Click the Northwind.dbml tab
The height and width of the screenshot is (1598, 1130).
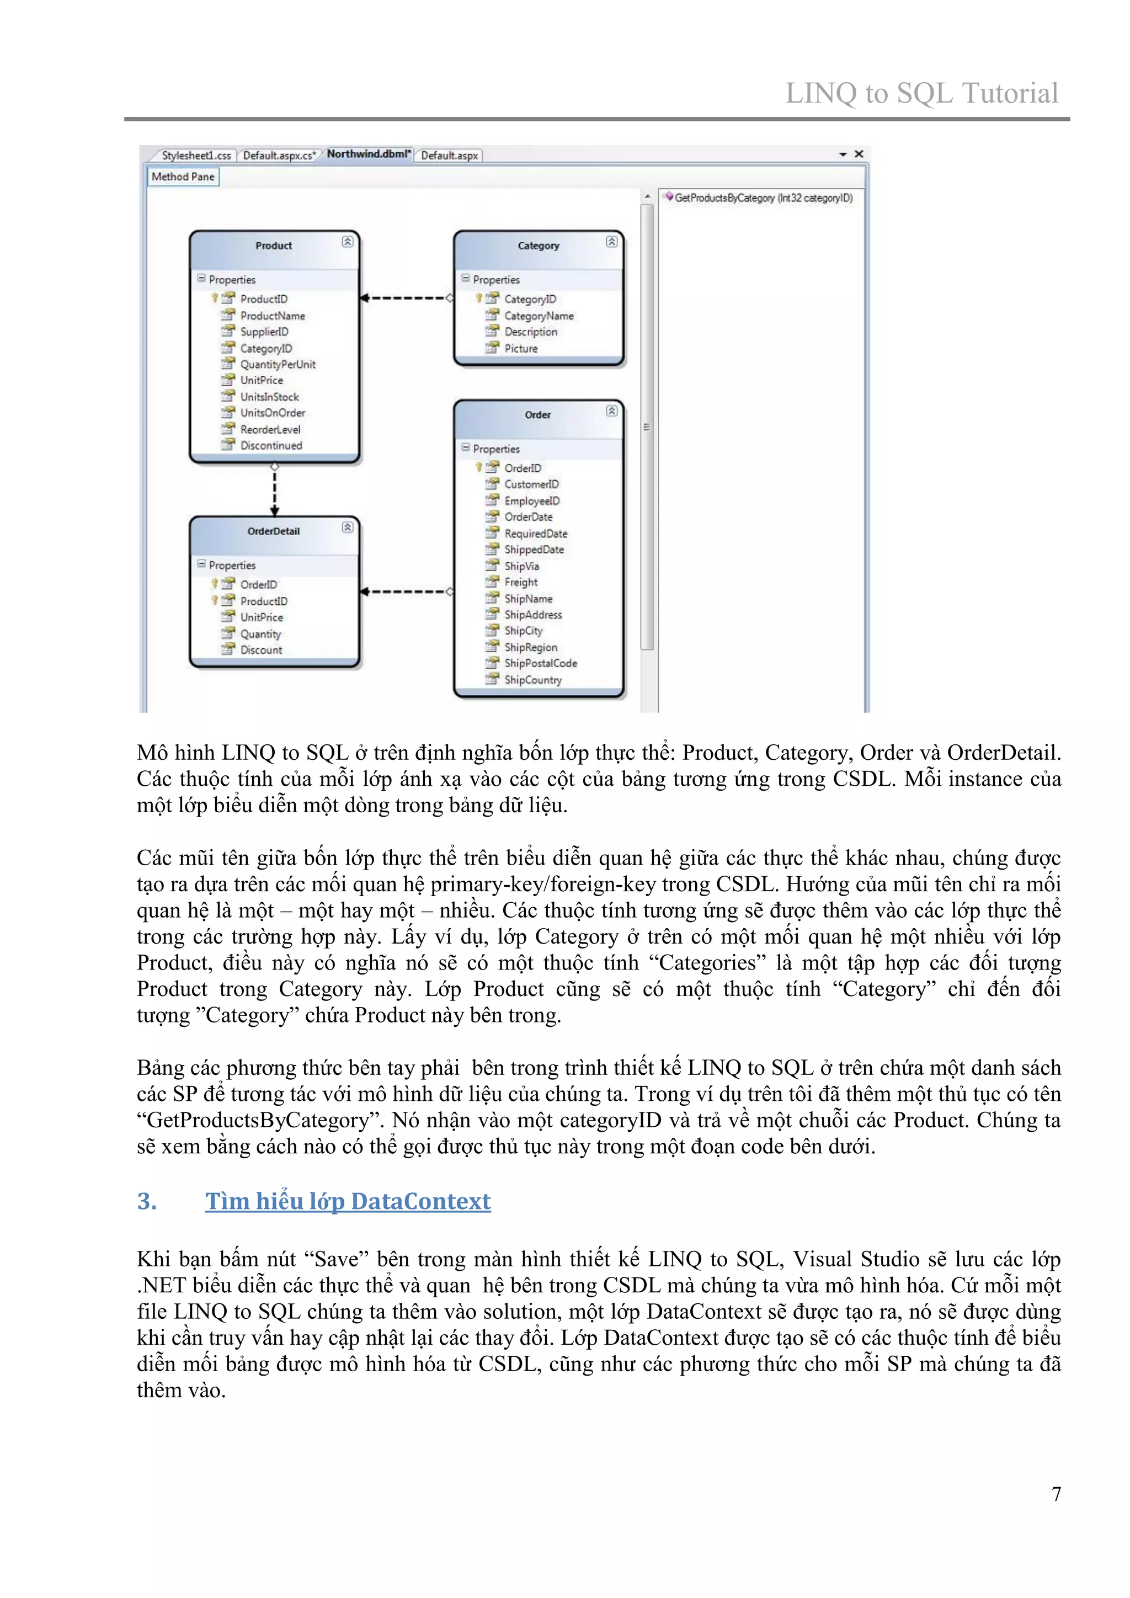pos(368,154)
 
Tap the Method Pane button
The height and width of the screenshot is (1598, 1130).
pos(183,177)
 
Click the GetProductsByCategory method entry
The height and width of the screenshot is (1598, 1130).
pos(763,198)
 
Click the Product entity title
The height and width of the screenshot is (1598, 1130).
pos(274,246)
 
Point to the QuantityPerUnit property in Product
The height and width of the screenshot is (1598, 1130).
pos(278,365)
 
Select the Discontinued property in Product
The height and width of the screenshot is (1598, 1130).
pos(271,445)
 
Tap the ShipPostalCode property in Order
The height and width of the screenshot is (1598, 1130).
pos(540,663)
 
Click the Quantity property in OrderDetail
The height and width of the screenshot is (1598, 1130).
pos(260,634)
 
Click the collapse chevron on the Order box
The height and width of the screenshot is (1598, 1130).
pos(611,411)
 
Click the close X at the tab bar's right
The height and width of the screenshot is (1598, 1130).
pos(859,154)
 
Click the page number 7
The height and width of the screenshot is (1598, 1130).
pos(1056,1494)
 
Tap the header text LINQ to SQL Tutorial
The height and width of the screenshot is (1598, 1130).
pos(921,93)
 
